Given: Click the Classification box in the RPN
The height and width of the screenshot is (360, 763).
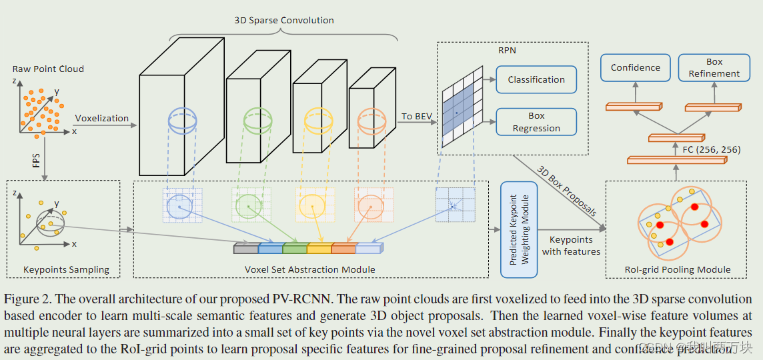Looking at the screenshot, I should [536, 79].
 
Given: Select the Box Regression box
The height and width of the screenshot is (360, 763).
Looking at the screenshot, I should [536, 122].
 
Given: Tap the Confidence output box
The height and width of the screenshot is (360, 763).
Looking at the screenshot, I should [635, 67].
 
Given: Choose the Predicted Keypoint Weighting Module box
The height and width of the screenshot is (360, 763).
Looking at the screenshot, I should [519, 229].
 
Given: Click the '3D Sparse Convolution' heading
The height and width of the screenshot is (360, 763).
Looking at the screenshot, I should [283, 20].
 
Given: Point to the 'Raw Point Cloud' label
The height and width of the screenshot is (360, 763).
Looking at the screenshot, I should [48, 69].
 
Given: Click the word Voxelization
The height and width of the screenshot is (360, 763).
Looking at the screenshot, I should [101, 118].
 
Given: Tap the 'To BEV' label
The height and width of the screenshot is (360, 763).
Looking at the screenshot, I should [416, 116].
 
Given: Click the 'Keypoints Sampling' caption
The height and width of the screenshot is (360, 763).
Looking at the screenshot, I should [66, 269].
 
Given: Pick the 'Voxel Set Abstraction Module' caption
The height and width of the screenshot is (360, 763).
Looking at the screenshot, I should [309, 269].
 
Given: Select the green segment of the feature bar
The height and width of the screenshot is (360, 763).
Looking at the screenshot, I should [294, 249].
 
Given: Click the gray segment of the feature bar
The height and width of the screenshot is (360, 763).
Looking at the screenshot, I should [245, 249].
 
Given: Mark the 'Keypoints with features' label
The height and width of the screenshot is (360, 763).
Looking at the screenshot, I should [571, 245].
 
